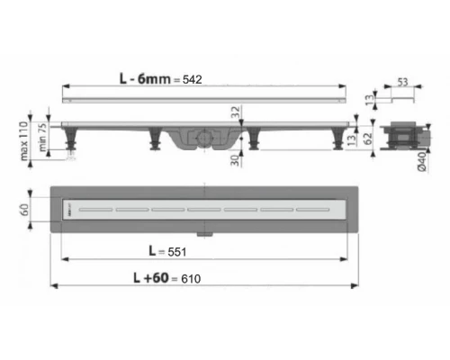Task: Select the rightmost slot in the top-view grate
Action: [311, 208]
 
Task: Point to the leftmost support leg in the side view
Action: [73, 144]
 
